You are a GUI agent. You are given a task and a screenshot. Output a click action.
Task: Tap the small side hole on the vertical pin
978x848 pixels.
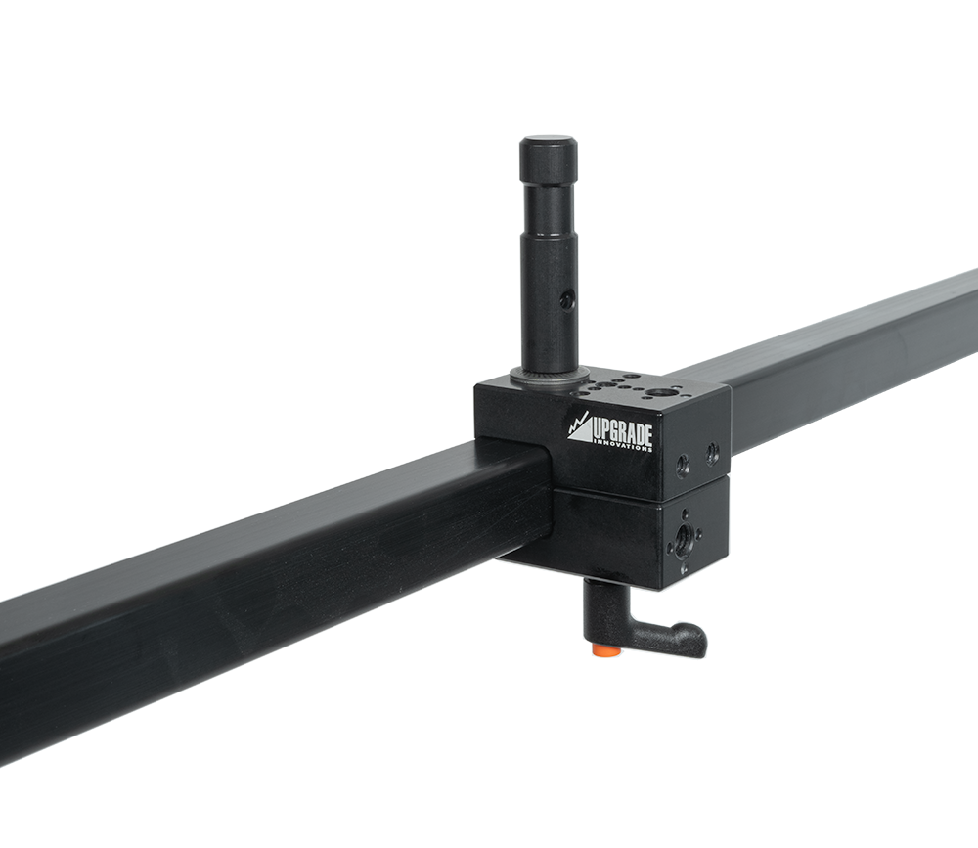tap(566, 302)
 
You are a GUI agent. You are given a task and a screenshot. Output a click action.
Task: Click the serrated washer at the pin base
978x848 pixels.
tap(549, 376)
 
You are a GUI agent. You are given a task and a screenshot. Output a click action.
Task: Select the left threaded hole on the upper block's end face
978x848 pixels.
tap(683, 465)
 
